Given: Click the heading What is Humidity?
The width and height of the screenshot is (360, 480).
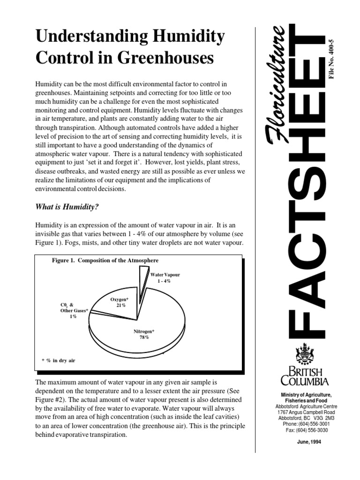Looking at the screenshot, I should coord(67,207).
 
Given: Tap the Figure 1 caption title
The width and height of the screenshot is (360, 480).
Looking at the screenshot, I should coord(105,260).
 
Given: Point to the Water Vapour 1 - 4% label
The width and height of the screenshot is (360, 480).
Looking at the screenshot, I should coord(165,277).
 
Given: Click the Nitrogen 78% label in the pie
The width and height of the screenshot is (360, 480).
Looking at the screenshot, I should coord(144,334).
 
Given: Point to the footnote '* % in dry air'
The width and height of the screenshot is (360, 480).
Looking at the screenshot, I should coord(58,360).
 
